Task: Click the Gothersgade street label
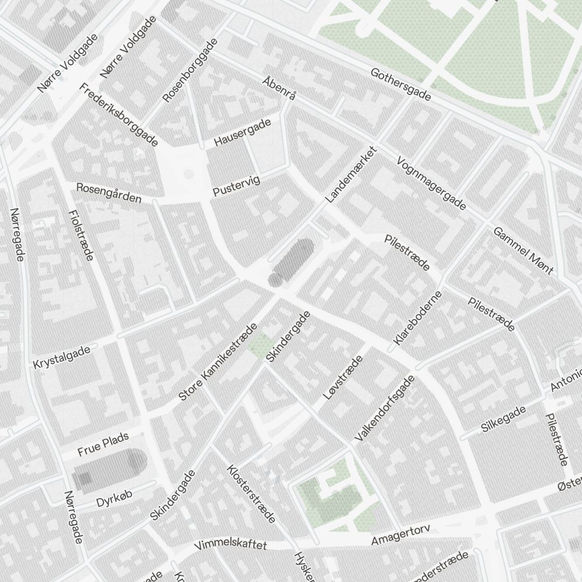(x=401, y=84)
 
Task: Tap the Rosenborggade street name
(x=190, y=70)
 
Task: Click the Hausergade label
(x=242, y=133)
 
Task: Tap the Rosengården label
(x=109, y=193)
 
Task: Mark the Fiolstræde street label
(x=81, y=235)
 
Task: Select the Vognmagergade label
(x=431, y=183)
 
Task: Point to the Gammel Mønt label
(x=523, y=250)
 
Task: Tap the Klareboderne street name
(x=418, y=318)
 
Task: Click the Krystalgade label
(x=62, y=356)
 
